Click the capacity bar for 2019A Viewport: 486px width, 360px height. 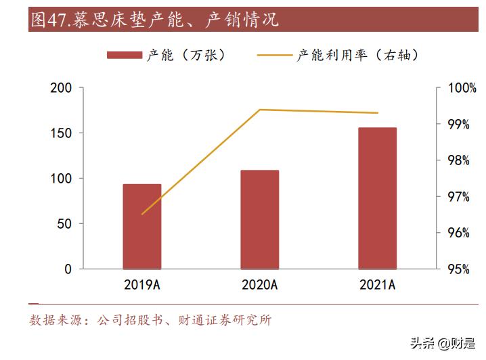(x=142, y=227)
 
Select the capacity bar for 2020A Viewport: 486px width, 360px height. (x=260, y=220)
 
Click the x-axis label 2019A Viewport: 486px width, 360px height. (x=142, y=285)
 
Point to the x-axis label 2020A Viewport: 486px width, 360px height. (x=260, y=285)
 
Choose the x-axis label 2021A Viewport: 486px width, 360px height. (x=377, y=285)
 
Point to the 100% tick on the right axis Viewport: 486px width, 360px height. (x=463, y=88)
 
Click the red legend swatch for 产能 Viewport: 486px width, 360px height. (x=125, y=55)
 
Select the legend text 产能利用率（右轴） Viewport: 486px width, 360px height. (x=357, y=55)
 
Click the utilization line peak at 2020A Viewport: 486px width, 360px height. (x=260, y=110)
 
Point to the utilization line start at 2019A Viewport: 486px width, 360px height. (x=142, y=214)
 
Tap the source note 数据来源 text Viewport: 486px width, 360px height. (x=150, y=320)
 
